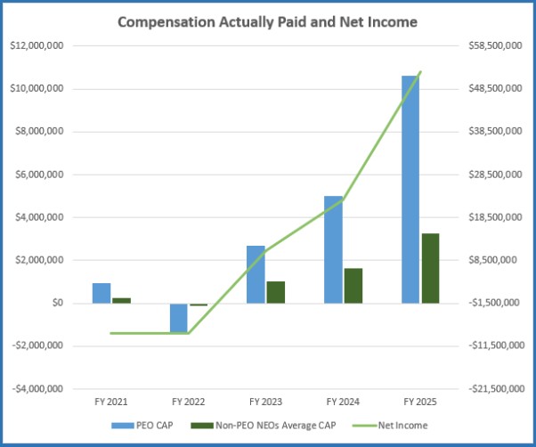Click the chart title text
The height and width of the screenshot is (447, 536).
(267, 21)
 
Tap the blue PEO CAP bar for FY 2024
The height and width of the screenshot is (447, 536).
(333, 249)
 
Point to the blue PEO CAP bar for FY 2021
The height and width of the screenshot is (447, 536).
(101, 293)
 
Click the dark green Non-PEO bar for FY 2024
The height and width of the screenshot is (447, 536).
(353, 285)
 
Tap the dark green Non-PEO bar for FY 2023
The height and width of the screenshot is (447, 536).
(275, 292)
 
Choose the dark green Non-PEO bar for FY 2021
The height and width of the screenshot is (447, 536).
(120, 300)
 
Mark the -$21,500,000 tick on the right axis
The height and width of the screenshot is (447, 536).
(492, 389)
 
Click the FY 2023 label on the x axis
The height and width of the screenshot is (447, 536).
(265, 402)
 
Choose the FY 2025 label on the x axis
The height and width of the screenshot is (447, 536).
(420, 402)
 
